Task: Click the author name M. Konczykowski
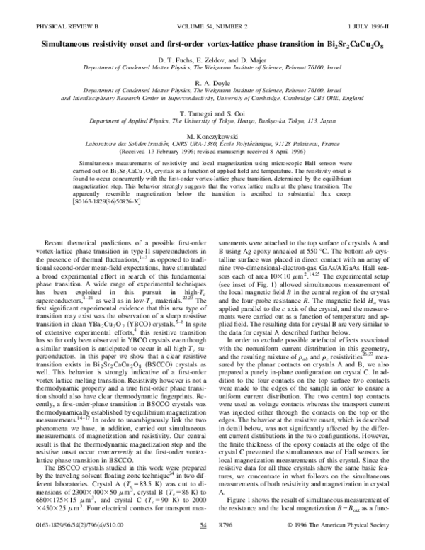click(x=212, y=135)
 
